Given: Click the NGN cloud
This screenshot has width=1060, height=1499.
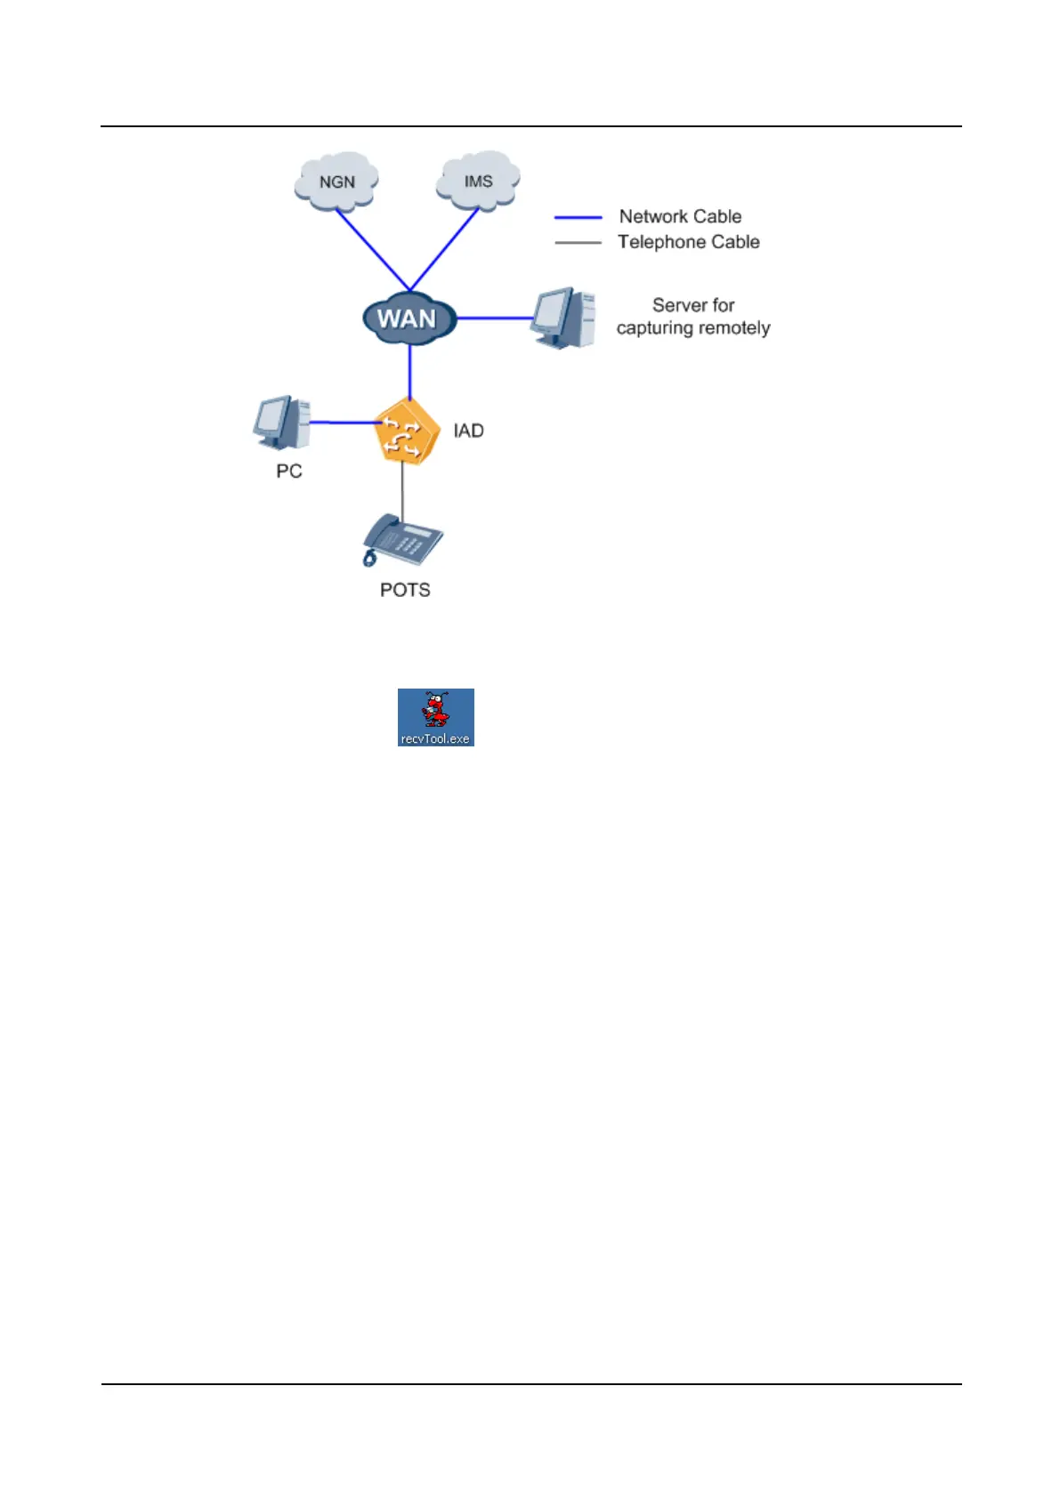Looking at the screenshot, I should pos(336,181).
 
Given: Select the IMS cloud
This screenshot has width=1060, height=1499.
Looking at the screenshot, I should pos(478,181).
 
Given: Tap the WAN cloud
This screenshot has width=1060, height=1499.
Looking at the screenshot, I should pos(409,318).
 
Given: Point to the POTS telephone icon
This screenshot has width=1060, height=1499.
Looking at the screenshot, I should pos(402,539).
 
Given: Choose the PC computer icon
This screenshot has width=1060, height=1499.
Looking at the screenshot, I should pos(282,423).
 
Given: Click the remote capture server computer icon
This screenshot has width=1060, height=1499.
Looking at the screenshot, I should pos(563,318).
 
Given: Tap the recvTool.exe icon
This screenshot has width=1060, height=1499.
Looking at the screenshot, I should pos(435,716).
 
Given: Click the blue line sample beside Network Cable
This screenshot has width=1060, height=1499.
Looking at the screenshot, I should pos(578,217).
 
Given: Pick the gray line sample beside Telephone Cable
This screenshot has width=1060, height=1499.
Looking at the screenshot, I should pos(578,242).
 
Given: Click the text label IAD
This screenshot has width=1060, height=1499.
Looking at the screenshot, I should pos(468,431).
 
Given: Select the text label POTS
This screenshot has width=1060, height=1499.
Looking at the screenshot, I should pos(405,590).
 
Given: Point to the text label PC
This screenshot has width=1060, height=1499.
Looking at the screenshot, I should pos(289,471).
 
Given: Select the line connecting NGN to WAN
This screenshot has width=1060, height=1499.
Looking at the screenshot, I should pos(373,249).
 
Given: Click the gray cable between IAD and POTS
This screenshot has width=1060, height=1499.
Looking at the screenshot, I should pos(402,489).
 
